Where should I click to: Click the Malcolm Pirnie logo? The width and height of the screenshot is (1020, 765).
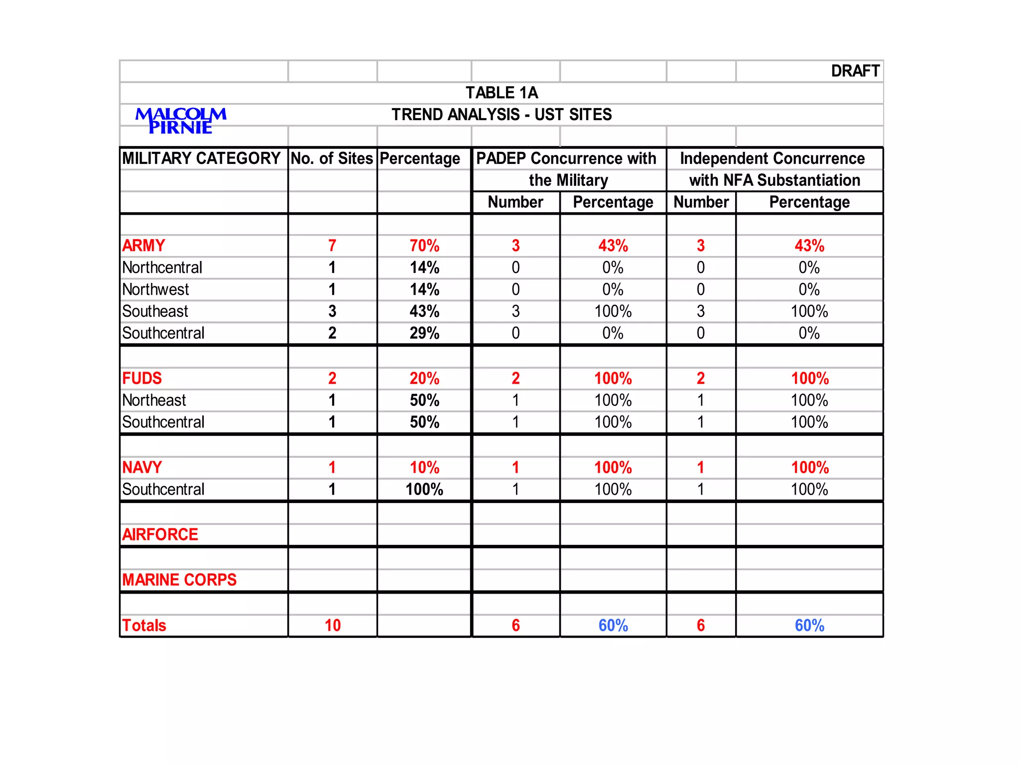[x=181, y=121]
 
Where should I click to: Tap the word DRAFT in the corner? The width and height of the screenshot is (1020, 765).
[x=855, y=71]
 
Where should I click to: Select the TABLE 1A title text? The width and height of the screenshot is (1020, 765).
[x=502, y=93]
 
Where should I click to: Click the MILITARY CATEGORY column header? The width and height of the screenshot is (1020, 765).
[x=201, y=158]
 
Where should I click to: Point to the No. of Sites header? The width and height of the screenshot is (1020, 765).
[x=332, y=158]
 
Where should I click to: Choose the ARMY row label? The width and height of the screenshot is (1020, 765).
[x=143, y=246]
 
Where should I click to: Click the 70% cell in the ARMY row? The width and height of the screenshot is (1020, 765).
[x=424, y=246]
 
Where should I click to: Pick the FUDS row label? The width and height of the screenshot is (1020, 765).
[x=142, y=379]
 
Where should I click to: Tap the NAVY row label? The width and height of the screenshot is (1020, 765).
[x=142, y=468]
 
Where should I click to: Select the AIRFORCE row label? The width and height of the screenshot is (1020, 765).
[x=160, y=535]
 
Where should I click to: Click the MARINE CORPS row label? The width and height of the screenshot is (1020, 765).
[x=179, y=580]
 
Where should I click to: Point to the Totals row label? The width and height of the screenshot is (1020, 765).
[x=144, y=626]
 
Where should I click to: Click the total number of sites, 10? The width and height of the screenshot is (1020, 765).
[x=332, y=626]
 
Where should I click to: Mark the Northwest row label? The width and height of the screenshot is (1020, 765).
[x=155, y=289]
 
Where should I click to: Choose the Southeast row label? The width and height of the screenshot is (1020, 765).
[x=155, y=311]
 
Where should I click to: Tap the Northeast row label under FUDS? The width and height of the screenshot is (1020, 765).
[x=154, y=400]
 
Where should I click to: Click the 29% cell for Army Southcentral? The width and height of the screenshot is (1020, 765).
[x=424, y=333]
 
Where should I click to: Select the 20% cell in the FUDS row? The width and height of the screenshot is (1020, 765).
[x=424, y=379]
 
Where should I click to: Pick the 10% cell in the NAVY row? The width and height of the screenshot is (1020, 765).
[x=424, y=468]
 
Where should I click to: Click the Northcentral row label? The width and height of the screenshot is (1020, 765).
[x=162, y=267]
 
